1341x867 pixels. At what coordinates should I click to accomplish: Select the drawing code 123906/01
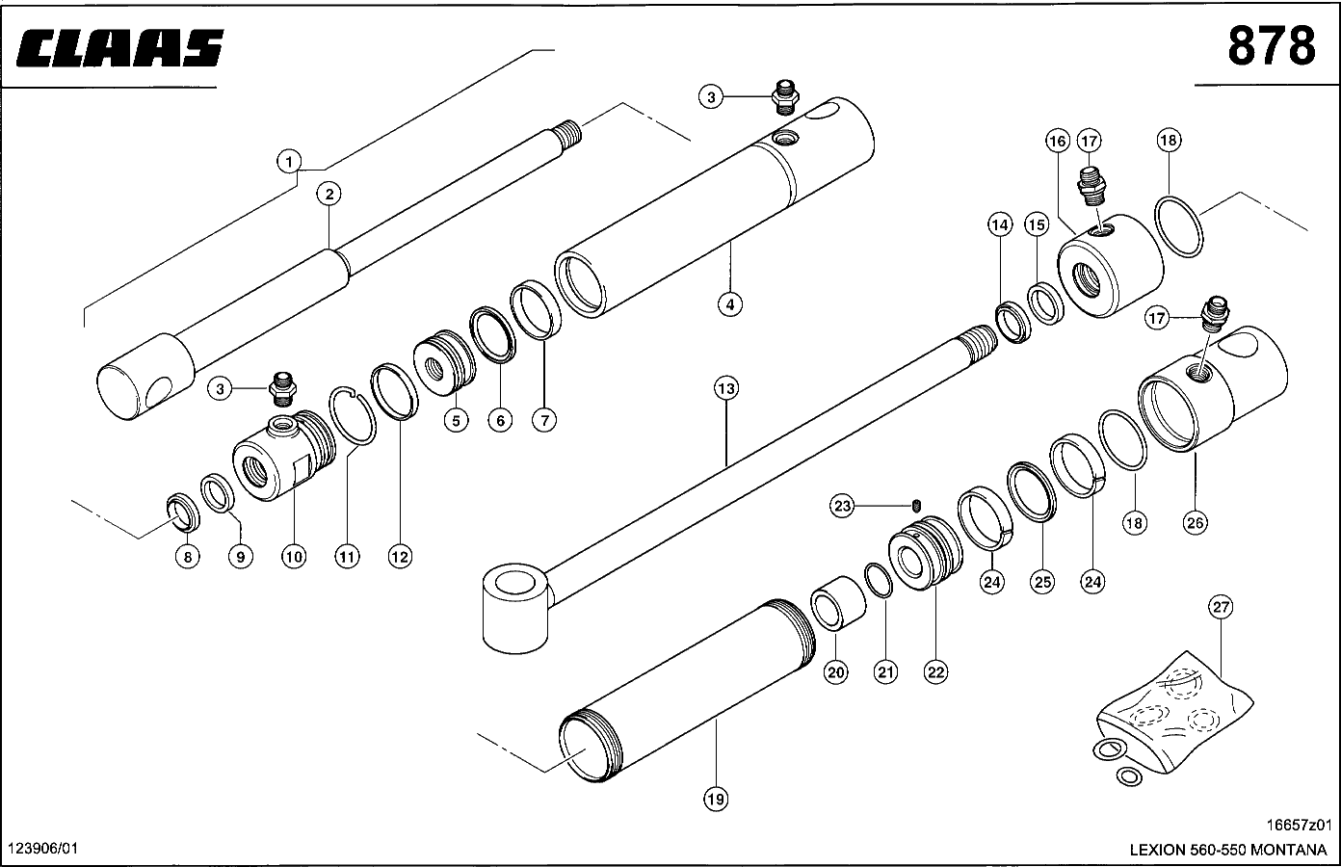(x=41, y=848)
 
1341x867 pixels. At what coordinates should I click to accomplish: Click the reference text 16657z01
(x=1299, y=825)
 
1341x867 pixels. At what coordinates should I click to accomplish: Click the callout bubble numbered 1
(x=289, y=161)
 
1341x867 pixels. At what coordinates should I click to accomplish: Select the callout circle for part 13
(x=725, y=388)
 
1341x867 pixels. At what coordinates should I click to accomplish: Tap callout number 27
(x=1221, y=607)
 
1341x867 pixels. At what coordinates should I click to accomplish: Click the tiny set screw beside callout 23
(x=917, y=506)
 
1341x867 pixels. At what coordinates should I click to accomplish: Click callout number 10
(x=294, y=556)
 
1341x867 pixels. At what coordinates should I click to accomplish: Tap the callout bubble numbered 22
(x=935, y=671)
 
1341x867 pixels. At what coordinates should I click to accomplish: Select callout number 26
(x=1195, y=523)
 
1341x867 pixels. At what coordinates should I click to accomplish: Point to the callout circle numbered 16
(x=1057, y=142)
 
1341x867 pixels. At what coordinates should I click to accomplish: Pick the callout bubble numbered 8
(x=187, y=556)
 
